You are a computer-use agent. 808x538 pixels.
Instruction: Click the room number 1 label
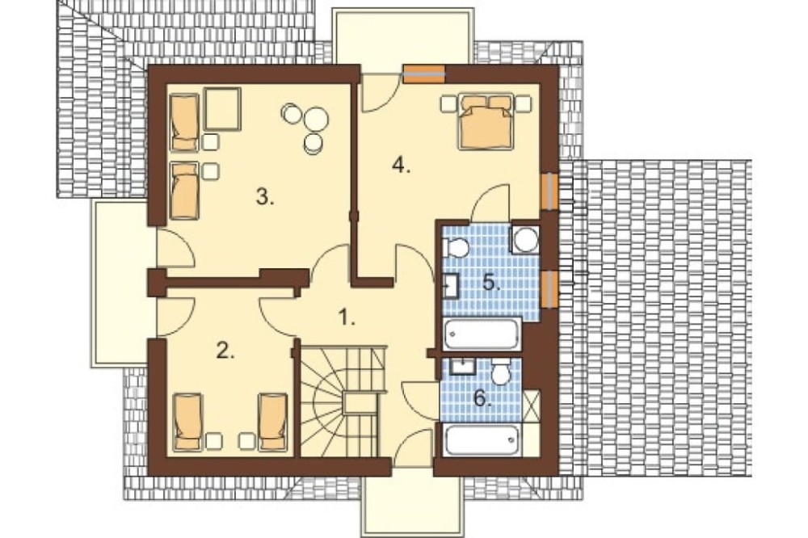point(347,317)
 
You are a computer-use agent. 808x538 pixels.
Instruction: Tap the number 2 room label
point(225,351)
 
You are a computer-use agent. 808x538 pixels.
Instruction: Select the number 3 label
point(265,197)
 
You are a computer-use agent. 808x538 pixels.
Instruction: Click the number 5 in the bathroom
point(491,283)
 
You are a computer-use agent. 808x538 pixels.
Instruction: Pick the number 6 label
point(482,397)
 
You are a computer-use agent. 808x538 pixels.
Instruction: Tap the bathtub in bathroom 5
point(482,334)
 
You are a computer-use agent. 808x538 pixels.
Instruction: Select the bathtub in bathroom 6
point(482,440)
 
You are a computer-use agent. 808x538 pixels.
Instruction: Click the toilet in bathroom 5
point(456,247)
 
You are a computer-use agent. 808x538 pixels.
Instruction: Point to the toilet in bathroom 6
point(500,372)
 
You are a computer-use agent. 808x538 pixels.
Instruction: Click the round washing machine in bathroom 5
point(526,240)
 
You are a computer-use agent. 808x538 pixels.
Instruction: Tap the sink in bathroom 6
point(463,367)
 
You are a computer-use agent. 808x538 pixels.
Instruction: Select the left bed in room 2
point(187,422)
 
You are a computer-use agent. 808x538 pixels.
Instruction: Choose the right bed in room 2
point(272,422)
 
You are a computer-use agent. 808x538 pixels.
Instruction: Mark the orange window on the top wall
point(423,74)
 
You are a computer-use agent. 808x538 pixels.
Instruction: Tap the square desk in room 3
point(223,109)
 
